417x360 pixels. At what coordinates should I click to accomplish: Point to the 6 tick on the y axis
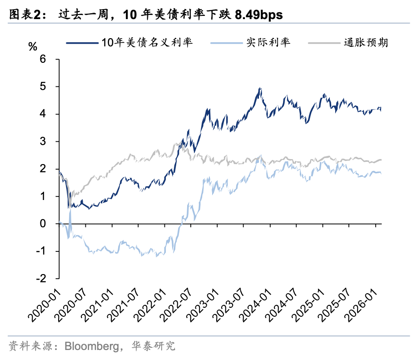coord(43,59)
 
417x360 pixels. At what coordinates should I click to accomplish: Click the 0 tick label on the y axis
coord(43,224)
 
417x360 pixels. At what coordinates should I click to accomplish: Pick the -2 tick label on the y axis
coord(41,279)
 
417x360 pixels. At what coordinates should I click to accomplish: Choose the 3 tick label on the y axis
coord(43,141)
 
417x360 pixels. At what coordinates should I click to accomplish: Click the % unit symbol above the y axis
coord(33,47)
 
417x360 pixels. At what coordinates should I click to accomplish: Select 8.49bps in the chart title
coord(258,15)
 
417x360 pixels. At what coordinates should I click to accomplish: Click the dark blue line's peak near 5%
coord(259,88)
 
